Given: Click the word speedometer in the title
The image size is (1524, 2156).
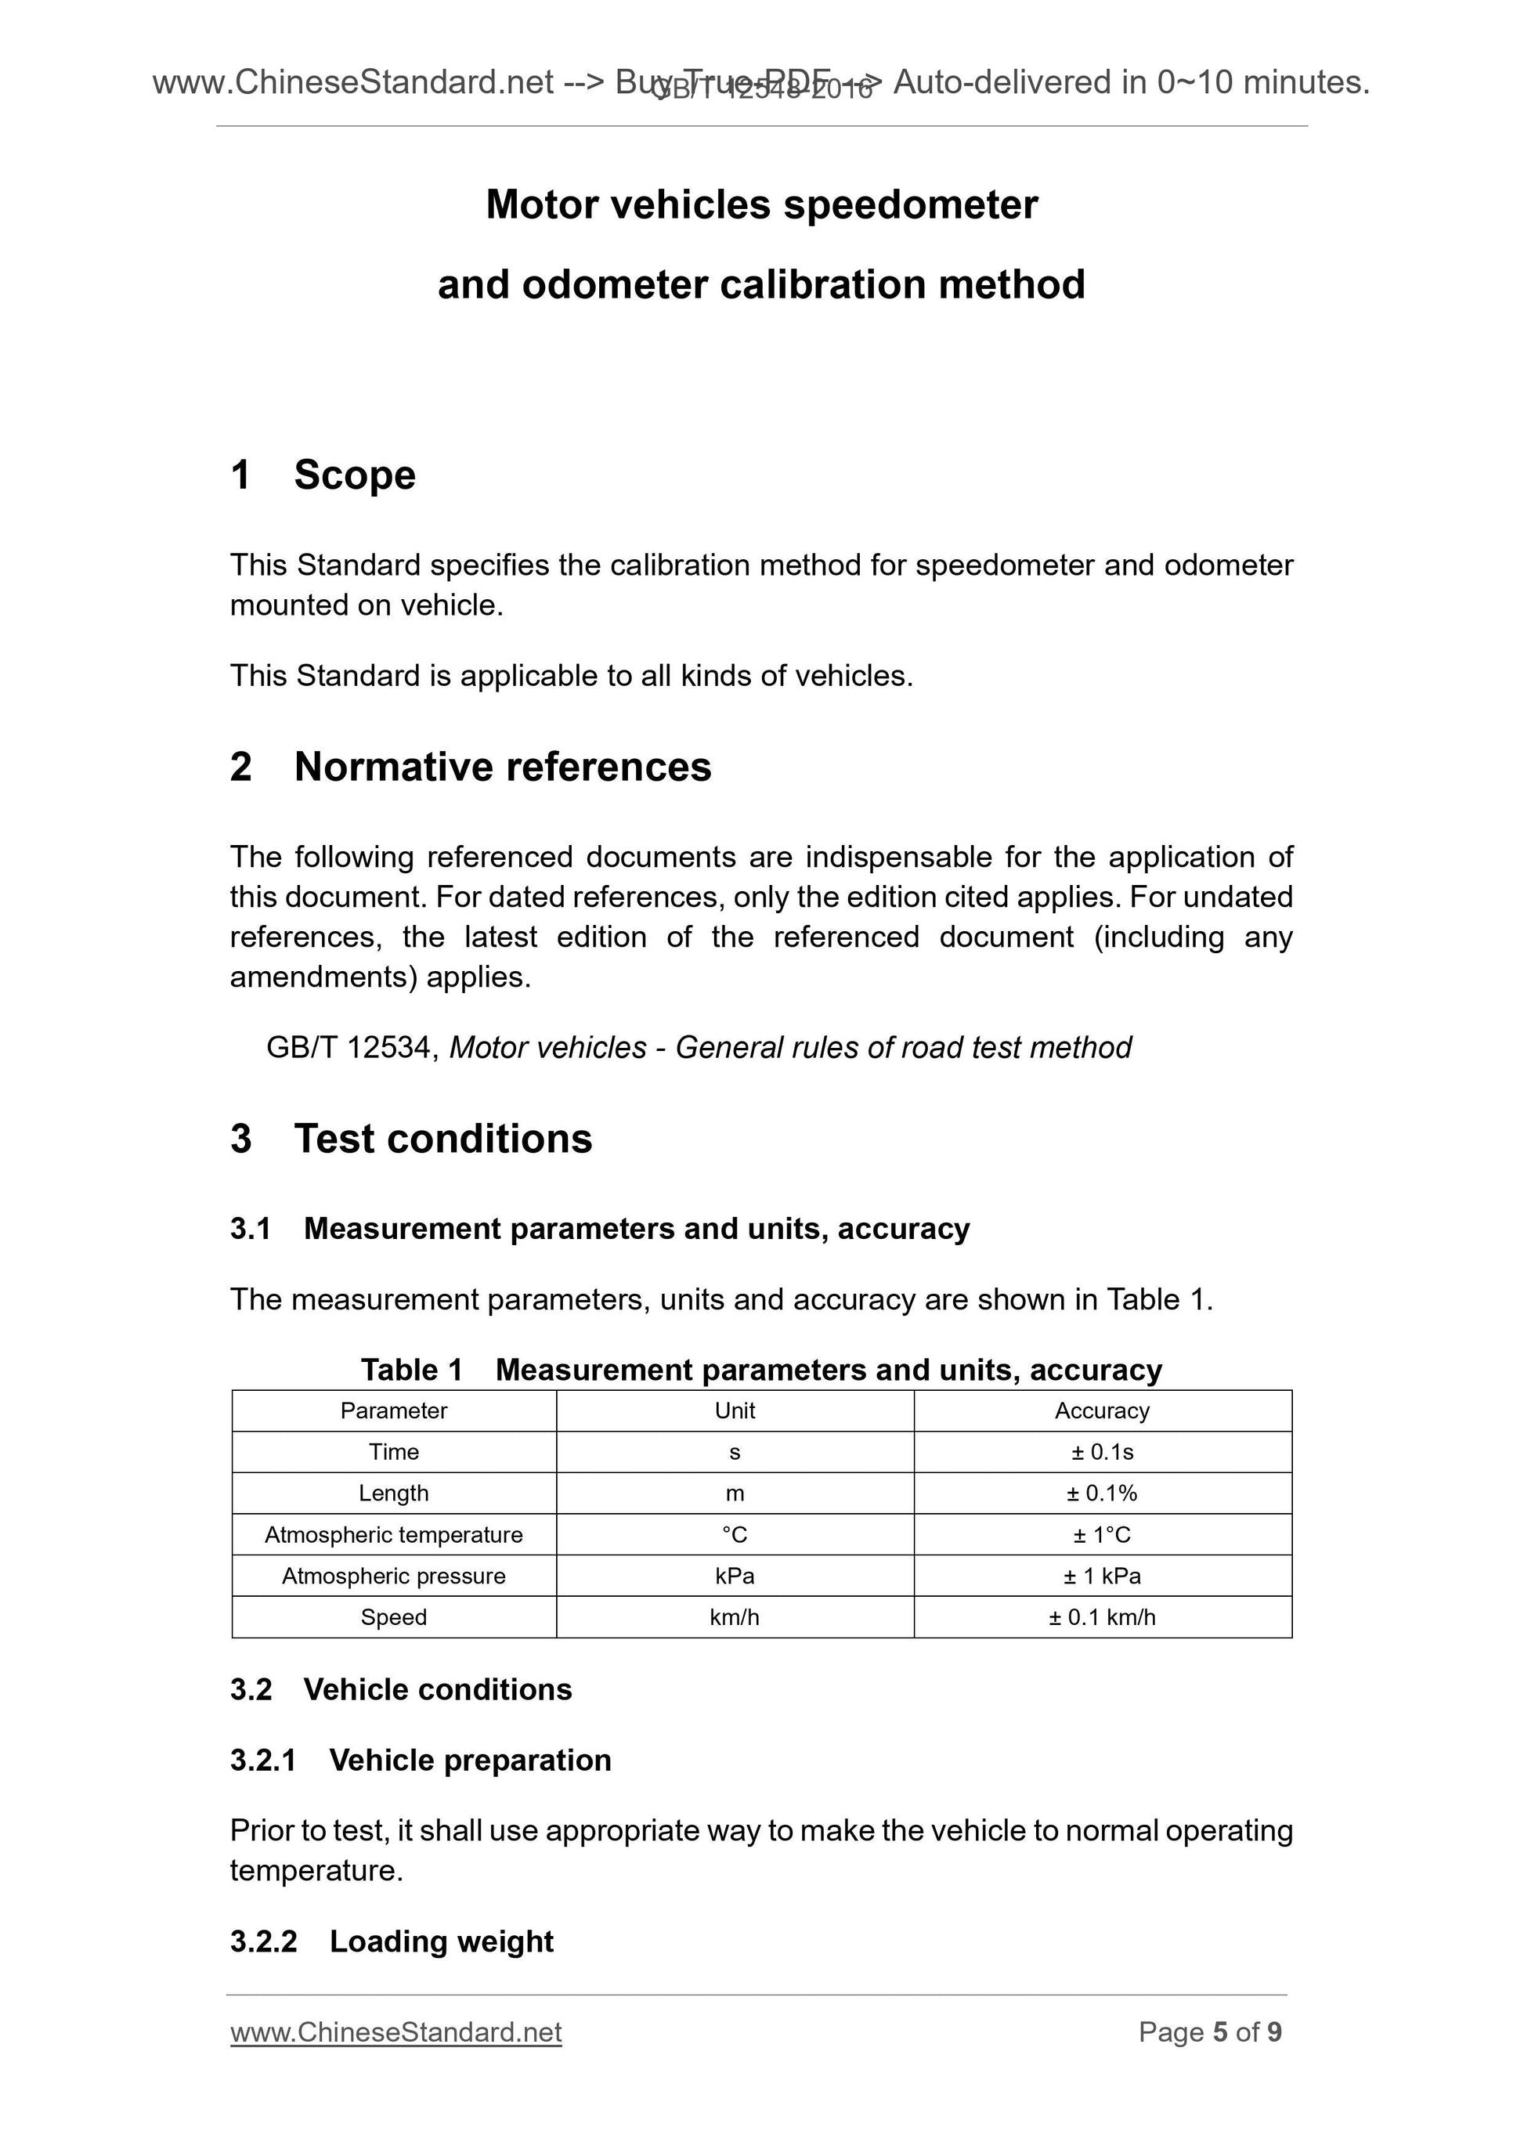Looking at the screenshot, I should pos(910,204).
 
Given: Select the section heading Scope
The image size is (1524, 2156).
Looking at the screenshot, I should pos(354,475).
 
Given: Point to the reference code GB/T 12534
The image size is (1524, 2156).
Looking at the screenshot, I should pos(348,1047).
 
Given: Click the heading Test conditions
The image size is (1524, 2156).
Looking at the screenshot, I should pos(442,1138).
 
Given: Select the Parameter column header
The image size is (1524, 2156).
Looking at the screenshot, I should pos(393,1410).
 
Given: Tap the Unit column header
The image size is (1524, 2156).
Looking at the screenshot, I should pos(735,1410).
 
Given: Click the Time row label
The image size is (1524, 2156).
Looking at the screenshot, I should pos(393,1452).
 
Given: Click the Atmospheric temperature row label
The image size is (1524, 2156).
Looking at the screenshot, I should pos(393,1534).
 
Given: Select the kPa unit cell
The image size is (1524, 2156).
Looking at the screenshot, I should pos(735,1576).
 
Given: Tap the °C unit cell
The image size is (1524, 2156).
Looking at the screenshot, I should pos(735,1534).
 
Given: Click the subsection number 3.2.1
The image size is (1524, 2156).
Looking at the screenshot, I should pos(263,1760).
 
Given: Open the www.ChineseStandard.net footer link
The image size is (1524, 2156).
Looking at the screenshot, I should pos(395,2032).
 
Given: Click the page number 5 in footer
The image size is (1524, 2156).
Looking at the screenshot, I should pos(1220,2032).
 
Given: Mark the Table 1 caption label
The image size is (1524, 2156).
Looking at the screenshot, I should pos(411,1370).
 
